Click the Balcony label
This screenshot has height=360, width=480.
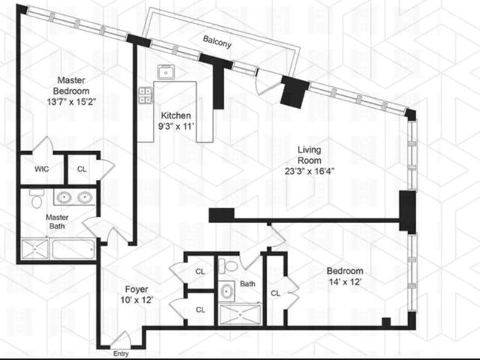(x=217, y=42)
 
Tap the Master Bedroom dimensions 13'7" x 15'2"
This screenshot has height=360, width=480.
(x=72, y=102)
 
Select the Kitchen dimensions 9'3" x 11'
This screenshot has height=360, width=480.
(x=176, y=126)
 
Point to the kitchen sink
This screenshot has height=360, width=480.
(x=166, y=73)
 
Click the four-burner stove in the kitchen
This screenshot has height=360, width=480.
(x=145, y=95)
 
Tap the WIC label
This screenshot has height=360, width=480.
(x=42, y=169)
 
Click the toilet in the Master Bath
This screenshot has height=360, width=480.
(x=37, y=199)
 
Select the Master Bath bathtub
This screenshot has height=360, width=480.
(x=73, y=249)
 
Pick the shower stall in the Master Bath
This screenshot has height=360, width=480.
(x=35, y=250)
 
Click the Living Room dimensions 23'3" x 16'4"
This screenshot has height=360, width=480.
(x=309, y=171)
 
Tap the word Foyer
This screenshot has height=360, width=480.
(x=136, y=289)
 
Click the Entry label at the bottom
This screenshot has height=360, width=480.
(x=121, y=354)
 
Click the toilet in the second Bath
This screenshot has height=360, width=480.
(x=228, y=265)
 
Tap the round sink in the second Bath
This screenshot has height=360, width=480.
(x=226, y=291)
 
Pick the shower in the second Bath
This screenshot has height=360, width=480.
(x=241, y=314)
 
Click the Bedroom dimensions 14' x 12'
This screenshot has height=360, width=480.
(x=345, y=282)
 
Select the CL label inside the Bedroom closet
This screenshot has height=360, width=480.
(x=275, y=293)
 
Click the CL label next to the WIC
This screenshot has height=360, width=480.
(x=82, y=169)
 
